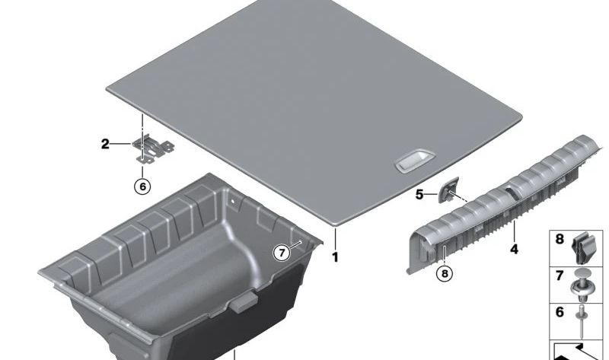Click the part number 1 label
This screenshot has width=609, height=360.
click(334, 258)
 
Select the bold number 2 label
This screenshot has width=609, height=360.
click(105, 142)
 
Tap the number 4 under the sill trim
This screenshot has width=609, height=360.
click(515, 249)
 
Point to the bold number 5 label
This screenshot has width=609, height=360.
click(419, 195)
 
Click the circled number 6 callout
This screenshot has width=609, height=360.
click(142, 185)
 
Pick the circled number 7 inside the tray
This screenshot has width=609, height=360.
click(282, 253)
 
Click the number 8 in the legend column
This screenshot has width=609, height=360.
click(560, 239)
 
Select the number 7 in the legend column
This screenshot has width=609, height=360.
click(560, 275)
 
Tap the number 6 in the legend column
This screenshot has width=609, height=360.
click(560, 312)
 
